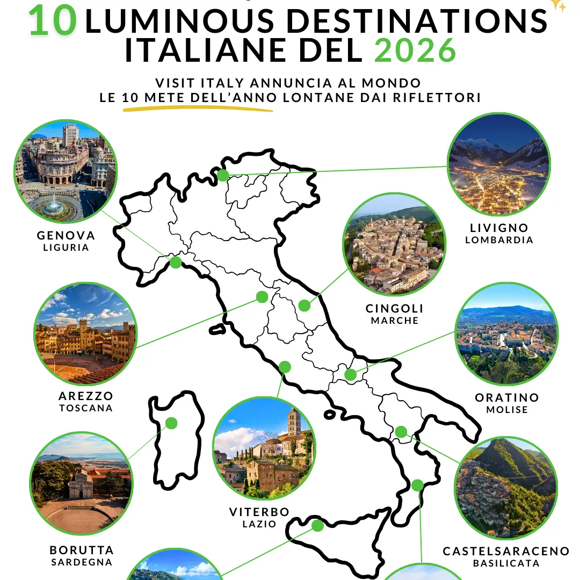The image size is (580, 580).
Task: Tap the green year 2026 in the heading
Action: [x=415, y=51]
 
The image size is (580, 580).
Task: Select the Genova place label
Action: [x=66, y=236]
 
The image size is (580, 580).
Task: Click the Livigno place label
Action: [x=499, y=228]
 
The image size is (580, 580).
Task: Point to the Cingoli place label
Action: [x=395, y=309]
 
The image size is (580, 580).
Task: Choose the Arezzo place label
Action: [x=86, y=396]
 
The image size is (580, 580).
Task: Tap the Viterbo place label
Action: [x=259, y=512]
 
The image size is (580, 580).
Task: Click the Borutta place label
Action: [x=82, y=550]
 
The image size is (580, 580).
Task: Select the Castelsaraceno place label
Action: [x=506, y=552]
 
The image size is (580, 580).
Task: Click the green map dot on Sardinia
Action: [x=171, y=423]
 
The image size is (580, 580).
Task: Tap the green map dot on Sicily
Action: [x=317, y=525]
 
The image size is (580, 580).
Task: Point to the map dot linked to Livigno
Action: [x=222, y=175]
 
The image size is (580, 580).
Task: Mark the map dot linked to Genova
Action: [x=176, y=262]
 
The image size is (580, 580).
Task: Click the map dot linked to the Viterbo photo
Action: [x=285, y=367]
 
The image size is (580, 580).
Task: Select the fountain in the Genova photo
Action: [x=55, y=206]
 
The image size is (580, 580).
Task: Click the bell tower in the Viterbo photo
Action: [x=293, y=422]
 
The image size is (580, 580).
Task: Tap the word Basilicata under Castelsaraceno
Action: [x=506, y=563]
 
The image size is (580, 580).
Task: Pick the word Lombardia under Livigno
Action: [x=499, y=240]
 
